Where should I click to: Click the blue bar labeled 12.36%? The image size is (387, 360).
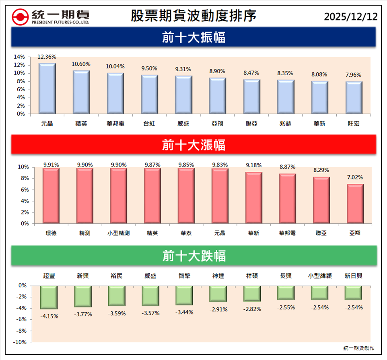coord(47,88)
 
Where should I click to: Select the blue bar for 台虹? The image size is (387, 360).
coord(150,94)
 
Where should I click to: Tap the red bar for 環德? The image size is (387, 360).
coord(51,195)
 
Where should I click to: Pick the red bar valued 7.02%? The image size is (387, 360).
coord(355,204)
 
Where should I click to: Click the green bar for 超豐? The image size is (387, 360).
coord(49,297)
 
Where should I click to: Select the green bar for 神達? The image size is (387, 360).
coord(218,294)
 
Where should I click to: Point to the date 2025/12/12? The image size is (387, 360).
coord(351,16)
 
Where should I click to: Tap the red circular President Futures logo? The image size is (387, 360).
coord(20,16)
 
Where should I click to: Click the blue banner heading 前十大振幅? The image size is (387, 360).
coord(193,37)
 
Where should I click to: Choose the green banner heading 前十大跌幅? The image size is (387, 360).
coord(193,256)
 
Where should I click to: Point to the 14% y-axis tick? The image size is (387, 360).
coord(19,57)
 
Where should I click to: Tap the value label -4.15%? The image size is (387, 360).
coord(49,316)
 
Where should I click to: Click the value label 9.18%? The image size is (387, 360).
coord(254,165)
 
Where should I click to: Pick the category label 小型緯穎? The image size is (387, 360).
coord(319,276)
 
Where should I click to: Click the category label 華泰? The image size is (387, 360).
coord(186,233)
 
